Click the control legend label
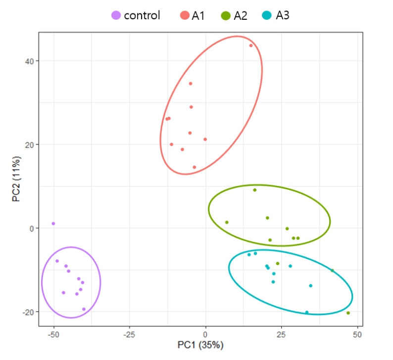(142, 15)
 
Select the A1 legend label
(198, 15)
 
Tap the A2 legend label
(241, 15)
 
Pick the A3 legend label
(283, 15)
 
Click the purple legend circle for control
(116, 16)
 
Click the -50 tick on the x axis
(53, 335)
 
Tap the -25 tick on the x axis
(129, 335)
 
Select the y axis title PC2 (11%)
(16, 179)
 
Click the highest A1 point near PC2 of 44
(251, 45)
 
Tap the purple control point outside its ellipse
(53, 224)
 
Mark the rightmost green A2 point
(348, 313)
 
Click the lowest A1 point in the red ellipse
(194, 167)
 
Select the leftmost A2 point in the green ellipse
(227, 223)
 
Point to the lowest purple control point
(84, 309)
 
